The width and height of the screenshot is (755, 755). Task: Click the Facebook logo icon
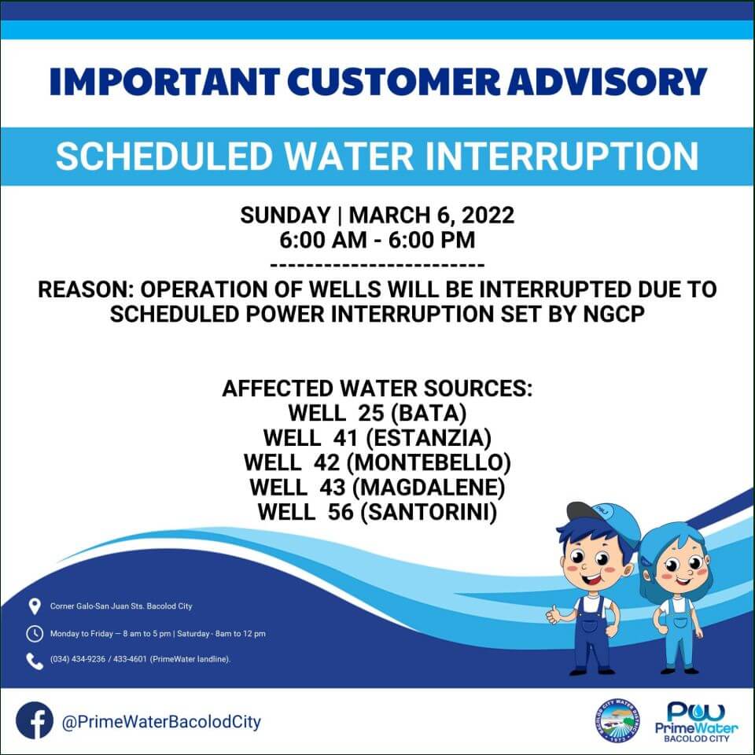(x=34, y=721)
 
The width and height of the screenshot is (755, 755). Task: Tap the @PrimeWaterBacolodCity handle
(x=161, y=722)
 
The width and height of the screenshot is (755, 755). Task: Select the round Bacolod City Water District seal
(x=617, y=721)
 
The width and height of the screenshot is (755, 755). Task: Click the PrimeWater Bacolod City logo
(x=696, y=722)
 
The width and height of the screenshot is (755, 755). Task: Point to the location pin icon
(x=34, y=606)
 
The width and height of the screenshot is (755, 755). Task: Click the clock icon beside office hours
(x=34, y=634)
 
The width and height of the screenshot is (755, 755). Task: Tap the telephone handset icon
(x=34, y=661)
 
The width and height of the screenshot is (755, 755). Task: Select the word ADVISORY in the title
(x=607, y=81)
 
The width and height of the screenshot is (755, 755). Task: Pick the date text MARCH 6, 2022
(x=432, y=215)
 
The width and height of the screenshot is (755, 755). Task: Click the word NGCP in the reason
(x=614, y=315)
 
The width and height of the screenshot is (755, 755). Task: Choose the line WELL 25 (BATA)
(x=377, y=413)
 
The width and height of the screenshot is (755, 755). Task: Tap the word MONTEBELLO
(x=429, y=462)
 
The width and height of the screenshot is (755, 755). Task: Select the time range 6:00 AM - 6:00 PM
(x=377, y=240)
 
